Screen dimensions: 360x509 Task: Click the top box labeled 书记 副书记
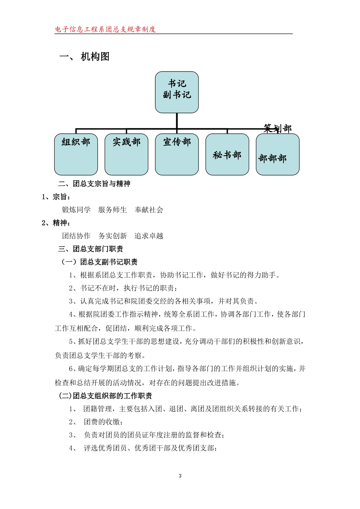177,92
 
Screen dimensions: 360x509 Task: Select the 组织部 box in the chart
76,154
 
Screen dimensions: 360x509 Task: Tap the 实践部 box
126,154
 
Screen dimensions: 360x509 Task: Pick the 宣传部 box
177,154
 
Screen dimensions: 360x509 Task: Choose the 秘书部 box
227,155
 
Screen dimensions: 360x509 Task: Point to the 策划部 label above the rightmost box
278,128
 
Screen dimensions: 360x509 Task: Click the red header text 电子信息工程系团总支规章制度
105,29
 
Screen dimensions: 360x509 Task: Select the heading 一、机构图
85,57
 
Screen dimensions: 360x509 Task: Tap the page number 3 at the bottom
180,476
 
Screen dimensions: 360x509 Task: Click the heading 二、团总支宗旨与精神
94,184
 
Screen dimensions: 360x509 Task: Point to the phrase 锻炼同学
76,210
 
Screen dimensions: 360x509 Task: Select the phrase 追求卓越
149,236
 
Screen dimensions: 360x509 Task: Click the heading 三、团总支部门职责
91,249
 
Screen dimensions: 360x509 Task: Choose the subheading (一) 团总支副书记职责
99,262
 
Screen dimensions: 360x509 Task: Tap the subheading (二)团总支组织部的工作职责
105,396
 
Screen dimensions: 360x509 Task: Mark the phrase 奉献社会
149,210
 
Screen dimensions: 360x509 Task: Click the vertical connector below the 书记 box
177,121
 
